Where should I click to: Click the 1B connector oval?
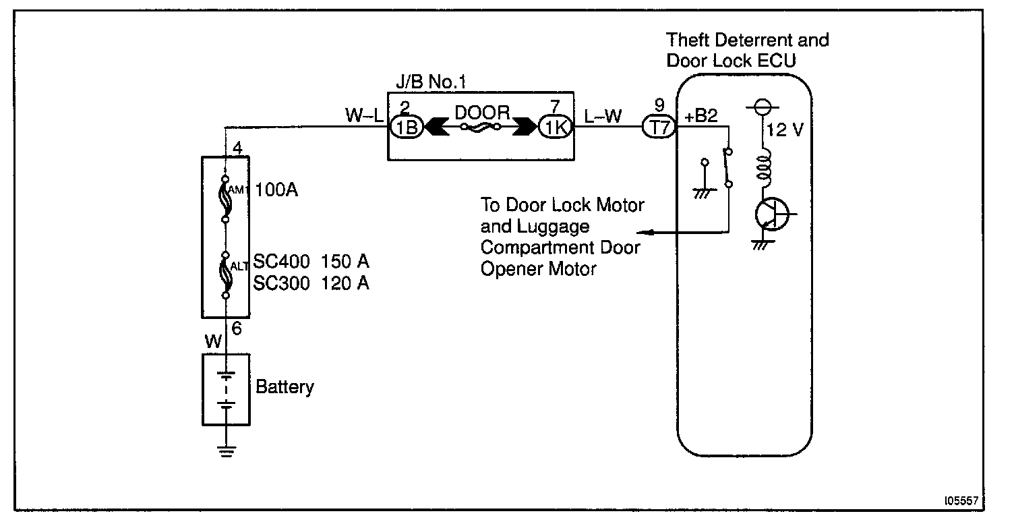tap(407, 127)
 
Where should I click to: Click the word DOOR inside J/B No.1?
tap(482, 113)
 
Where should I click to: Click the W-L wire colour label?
tap(365, 115)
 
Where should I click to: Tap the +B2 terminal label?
tap(701, 115)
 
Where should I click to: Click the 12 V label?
tap(785, 129)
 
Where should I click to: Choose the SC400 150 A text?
tap(311, 262)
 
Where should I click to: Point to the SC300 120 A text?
tap(311, 284)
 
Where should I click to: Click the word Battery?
tap(285, 388)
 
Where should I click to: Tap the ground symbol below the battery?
tap(227, 450)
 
